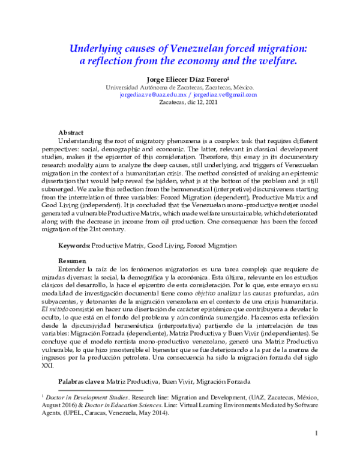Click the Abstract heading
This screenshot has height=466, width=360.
(70, 132)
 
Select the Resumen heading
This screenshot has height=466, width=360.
(71, 261)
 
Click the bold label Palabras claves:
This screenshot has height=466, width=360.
(81, 381)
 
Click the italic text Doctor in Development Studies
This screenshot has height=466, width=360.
(82, 398)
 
